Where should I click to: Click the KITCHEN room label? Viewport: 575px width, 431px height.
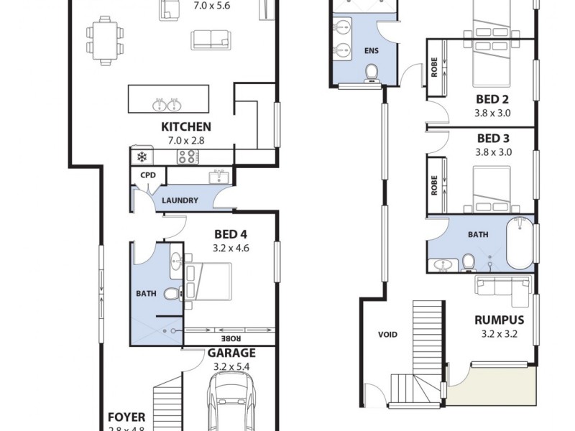point(185,127)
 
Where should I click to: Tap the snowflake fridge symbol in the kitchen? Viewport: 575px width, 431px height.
point(142,157)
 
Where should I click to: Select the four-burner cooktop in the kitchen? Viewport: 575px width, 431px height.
point(188,157)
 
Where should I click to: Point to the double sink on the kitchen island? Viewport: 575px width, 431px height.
point(167,105)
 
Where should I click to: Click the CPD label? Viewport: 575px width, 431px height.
point(148,175)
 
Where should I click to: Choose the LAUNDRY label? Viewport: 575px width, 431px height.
point(180,200)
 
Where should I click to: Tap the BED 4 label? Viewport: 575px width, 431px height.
point(231,234)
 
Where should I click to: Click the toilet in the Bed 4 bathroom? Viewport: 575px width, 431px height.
point(172,294)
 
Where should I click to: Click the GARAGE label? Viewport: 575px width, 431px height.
point(231,353)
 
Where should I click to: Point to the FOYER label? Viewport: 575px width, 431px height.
point(126,417)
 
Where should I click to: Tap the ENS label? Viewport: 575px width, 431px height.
point(371,50)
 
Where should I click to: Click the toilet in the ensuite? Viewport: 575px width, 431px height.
point(372,73)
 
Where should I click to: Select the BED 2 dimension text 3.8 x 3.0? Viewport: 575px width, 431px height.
point(492,112)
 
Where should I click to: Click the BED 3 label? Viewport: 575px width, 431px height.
point(492,139)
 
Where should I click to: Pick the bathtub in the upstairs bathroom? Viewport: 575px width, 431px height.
point(520,243)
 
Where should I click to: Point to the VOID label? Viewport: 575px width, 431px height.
point(387,334)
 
